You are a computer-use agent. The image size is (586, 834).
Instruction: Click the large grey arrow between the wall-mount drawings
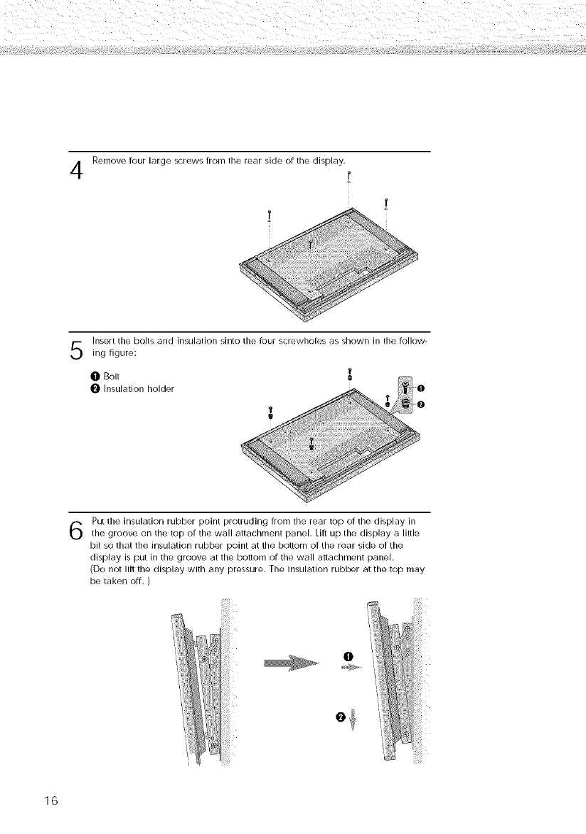pyautogui.click(x=292, y=664)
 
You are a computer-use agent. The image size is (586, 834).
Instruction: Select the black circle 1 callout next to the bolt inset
pyautogui.click(x=421, y=388)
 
